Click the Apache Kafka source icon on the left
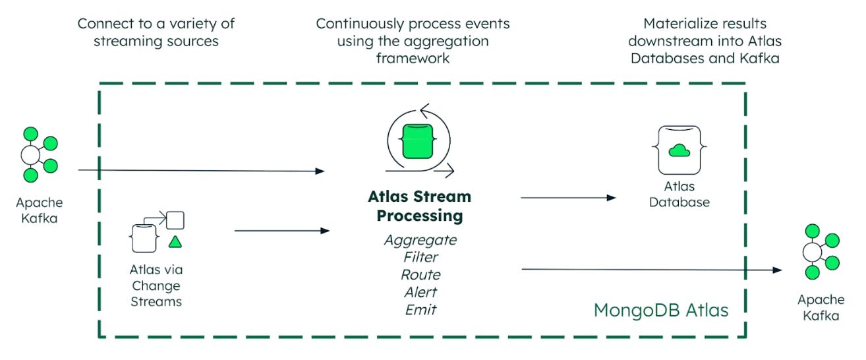(x=39, y=155)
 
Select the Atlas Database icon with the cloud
(x=679, y=150)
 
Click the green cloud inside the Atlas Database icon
(x=679, y=150)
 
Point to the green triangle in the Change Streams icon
(x=175, y=242)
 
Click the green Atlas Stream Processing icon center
(x=418, y=141)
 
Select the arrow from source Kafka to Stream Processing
(x=202, y=171)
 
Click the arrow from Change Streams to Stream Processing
(x=282, y=231)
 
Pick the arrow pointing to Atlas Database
(x=568, y=198)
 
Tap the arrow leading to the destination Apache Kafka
(x=652, y=270)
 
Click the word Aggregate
(x=420, y=241)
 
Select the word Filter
(x=420, y=257)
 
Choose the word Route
(x=420, y=274)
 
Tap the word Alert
(x=420, y=292)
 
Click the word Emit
(x=420, y=310)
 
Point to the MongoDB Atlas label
(x=661, y=311)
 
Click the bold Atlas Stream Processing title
(x=420, y=206)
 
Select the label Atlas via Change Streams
(x=156, y=285)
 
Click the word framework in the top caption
(x=413, y=59)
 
